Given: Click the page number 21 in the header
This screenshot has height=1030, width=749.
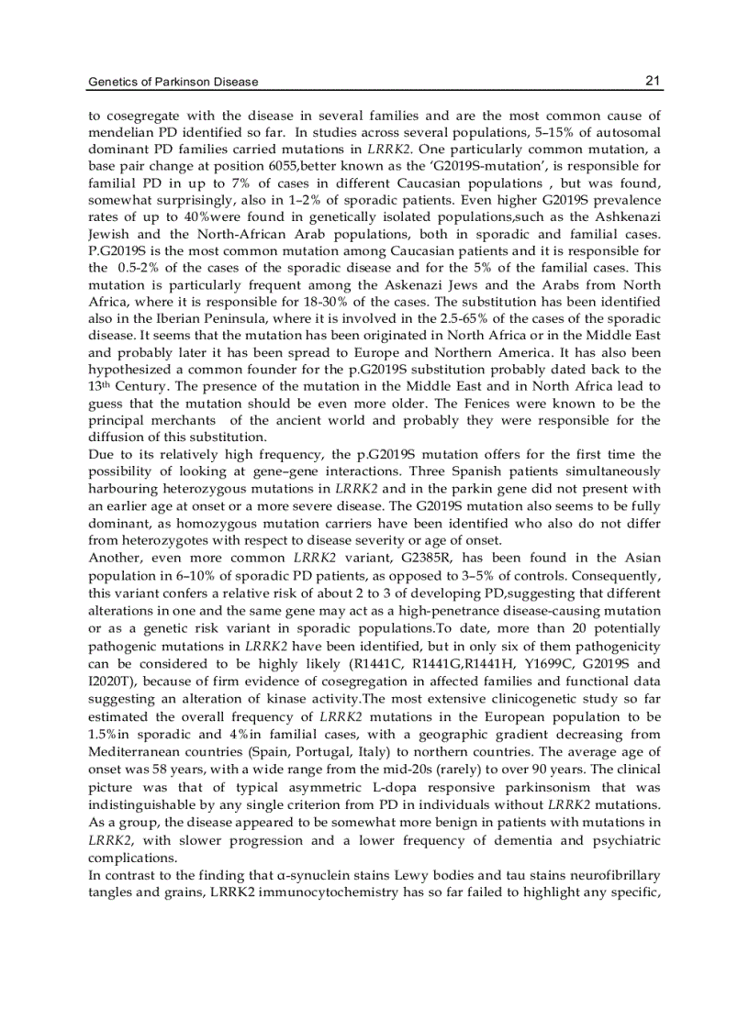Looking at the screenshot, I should click(652, 81).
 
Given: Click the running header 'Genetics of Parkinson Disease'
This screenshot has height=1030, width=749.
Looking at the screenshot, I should click(173, 82).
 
